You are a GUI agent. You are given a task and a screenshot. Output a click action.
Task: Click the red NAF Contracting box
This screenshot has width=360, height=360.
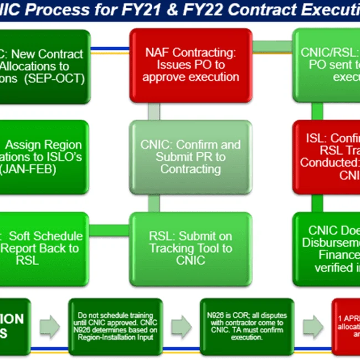[191, 65]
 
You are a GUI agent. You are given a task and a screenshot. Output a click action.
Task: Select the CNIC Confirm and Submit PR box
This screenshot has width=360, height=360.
[191, 157]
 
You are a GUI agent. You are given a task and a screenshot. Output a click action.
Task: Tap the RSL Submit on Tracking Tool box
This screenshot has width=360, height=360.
[191, 248]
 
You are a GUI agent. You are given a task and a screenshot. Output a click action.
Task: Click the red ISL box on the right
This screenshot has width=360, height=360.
[327, 157]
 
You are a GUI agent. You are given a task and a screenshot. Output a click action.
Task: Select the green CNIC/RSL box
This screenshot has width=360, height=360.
[327, 65]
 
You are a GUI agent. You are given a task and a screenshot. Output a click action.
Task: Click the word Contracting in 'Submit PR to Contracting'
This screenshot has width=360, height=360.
[191, 169]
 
